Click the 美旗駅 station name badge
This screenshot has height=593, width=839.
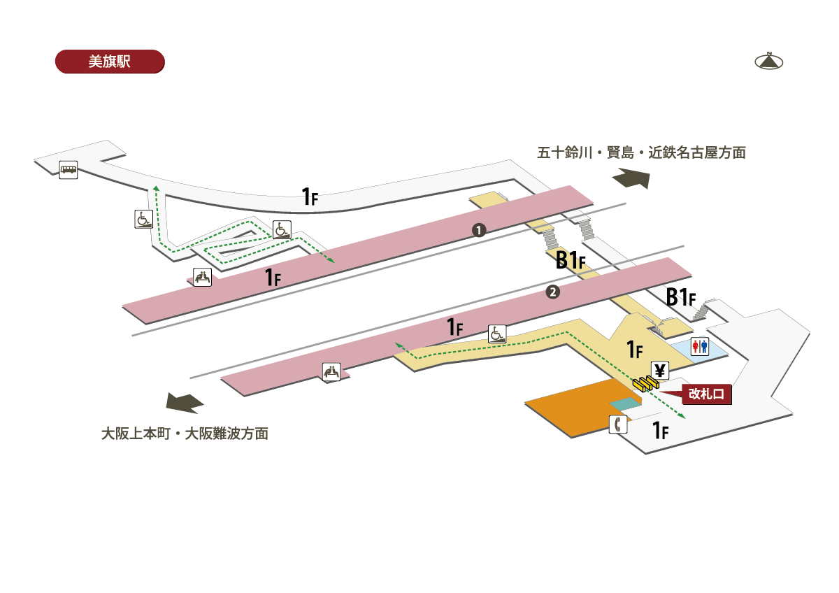pyautogui.click(x=110, y=62)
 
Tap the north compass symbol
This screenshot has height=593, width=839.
pyautogui.click(x=769, y=61)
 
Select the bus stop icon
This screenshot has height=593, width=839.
pyautogui.click(x=69, y=170)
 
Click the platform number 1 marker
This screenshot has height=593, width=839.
pyautogui.click(x=479, y=230)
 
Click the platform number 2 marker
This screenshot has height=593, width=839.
pyautogui.click(x=553, y=292)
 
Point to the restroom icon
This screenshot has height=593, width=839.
pyautogui.click(x=700, y=346)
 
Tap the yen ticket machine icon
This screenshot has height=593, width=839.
pyautogui.click(x=660, y=371)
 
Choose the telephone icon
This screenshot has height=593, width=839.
pyautogui.click(x=618, y=424)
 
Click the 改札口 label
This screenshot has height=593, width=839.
pyautogui.click(x=706, y=394)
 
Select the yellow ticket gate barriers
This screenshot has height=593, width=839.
pyautogui.click(x=646, y=383)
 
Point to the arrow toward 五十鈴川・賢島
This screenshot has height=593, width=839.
pyautogui.click(x=631, y=178)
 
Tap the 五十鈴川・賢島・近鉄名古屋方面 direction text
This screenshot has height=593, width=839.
pyautogui.click(x=642, y=152)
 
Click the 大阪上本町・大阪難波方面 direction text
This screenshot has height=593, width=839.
pyautogui.click(x=185, y=434)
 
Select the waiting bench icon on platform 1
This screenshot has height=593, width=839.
pyautogui.click(x=202, y=277)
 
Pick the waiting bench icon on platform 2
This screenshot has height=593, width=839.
pyautogui.click(x=331, y=372)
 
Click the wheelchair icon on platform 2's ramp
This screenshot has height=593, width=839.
pyautogui.click(x=497, y=334)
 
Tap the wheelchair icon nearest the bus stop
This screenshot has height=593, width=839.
pyautogui.click(x=144, y=219)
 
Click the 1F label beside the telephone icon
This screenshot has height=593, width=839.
pyautogui.click(x=660, y=430)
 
